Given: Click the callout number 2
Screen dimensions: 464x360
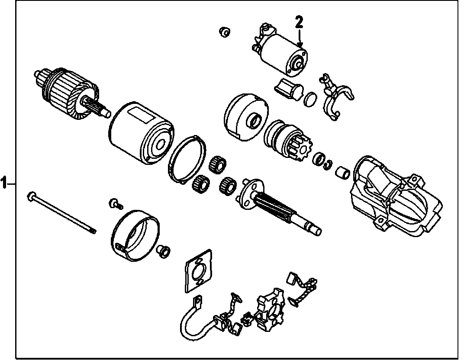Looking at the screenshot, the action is [x=299, y=22].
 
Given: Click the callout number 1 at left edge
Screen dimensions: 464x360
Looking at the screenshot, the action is [x=4, y=183].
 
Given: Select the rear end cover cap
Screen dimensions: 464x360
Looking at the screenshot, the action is [x=135, y=236].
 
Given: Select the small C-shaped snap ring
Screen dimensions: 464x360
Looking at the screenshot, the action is [x=329, y=164].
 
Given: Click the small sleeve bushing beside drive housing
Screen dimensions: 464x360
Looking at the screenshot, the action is [x=343, y=173].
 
